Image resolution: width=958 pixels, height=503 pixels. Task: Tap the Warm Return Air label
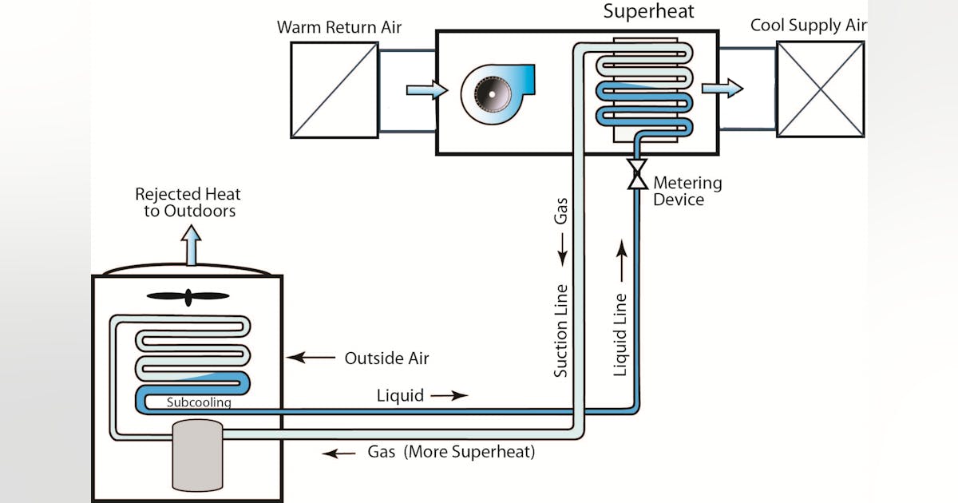[x=339, y=27]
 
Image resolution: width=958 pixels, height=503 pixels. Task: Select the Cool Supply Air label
[x=808, y=26]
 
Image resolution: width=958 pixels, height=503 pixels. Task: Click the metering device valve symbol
[x=637, y=175]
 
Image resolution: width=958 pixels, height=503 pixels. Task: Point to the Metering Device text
[x=687, y=191]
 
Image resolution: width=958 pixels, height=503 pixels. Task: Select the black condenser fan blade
[x=188, y=297]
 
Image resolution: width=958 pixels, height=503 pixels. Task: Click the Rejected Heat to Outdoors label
[x=188, y=202]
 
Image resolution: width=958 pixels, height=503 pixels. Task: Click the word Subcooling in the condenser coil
[x=199, y=402]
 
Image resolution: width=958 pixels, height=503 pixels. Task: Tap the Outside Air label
[x=386, y=358]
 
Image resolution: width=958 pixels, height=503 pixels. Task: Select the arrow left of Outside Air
[x=311, y=358]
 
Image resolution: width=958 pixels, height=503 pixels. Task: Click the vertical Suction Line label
[x=561, y=330]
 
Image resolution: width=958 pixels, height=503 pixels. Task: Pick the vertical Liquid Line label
[x=620, y=334]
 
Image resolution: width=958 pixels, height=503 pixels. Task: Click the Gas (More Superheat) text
[x=451, y=452]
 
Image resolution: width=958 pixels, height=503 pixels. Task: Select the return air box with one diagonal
[x=334, y=89]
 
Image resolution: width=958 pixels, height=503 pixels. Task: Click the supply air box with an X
[x=820, y=89]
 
